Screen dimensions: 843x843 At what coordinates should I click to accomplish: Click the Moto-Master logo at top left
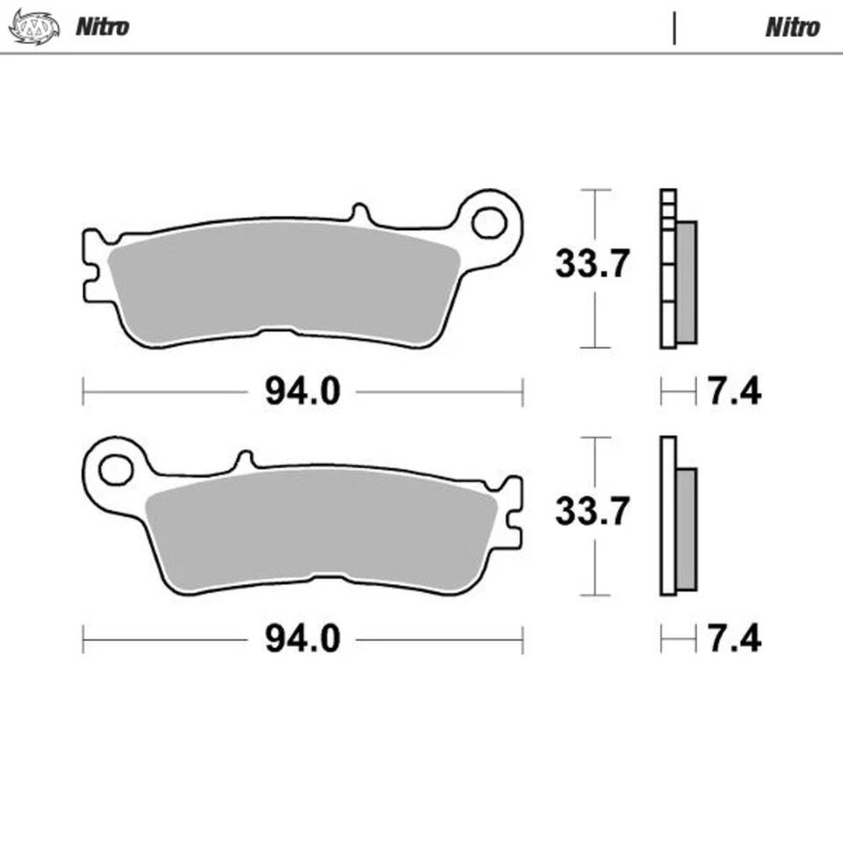[33, 26]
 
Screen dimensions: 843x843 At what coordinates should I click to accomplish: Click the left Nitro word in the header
[102, 26]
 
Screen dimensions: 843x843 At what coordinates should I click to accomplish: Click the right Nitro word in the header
[792, 27]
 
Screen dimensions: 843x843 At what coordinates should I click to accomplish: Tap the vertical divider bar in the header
[674, 27]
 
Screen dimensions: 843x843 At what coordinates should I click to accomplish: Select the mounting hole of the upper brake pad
[488, 223]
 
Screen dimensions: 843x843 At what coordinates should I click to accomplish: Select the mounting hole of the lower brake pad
[115, 470]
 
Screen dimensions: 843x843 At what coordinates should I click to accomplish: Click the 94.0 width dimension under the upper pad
[302, 392]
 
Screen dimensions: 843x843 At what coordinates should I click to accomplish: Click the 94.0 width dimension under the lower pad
[302, 639]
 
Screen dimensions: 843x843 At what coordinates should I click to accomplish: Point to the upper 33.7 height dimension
[592, 263]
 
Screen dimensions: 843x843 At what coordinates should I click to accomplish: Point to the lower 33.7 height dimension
[592, 510]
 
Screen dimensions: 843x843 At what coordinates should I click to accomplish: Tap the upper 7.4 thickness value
[734, 392]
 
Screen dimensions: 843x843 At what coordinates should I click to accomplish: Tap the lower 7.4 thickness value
[734, 639]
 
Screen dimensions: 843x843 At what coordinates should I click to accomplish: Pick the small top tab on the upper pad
[358, 213]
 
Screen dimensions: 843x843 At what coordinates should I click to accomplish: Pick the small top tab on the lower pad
[246, 460]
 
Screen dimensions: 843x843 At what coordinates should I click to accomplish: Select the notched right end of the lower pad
[513, 514]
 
